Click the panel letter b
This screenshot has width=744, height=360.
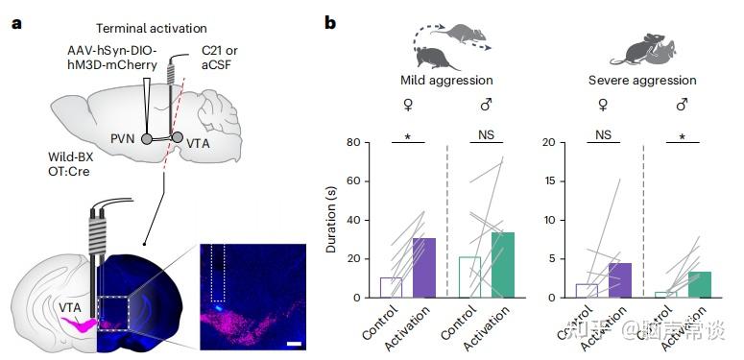(x=329, y=21)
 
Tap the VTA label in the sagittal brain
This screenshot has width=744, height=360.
(x=200, y=141)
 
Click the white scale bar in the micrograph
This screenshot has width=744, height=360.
(x=294, y=341)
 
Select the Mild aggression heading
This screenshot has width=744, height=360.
(x=446, y=81)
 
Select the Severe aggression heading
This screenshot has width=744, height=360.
(x=642, y=81)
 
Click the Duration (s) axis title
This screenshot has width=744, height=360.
(x=331, y=221)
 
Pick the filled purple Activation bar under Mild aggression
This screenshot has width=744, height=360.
(x=423, y=268)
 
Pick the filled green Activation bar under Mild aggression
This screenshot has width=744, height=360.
(x=501, y=265)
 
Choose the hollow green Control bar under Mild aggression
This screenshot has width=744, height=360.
(x=469, y=276)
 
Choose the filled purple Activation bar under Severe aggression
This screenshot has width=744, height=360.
(x=619, y=280)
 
